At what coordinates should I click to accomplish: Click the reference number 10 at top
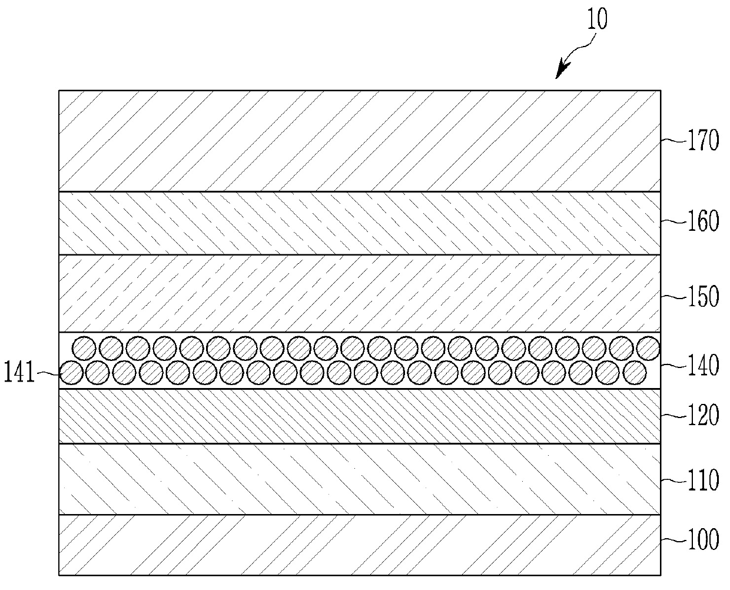(x=596, y=19)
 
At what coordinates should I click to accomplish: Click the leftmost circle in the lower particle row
(x=71, y=373)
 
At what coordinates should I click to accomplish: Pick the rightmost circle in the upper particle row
(x=648, y=349)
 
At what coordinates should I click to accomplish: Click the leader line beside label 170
(x=671, y=141)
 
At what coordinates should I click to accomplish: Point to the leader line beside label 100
(x=671, y=539)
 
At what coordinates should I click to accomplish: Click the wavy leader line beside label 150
(x=671, y=296)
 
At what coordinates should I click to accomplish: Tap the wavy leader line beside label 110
(x=671, y=480)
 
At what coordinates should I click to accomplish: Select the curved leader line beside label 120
(x=671, y=415)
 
